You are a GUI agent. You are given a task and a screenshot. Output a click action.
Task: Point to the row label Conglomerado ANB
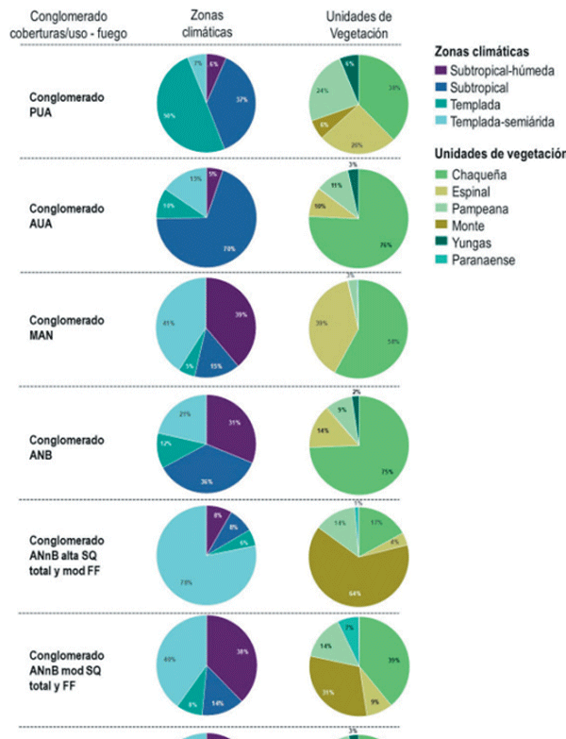point(66,446)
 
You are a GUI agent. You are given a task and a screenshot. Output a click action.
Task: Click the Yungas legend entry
point(473,244)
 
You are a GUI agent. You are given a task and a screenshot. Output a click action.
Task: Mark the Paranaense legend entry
point(482,260)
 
